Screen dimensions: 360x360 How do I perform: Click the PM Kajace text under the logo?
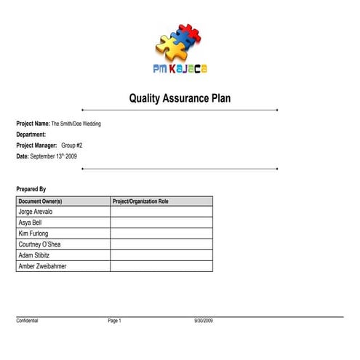180,69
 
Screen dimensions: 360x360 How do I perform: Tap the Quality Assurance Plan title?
180,97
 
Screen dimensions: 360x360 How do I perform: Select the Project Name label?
33,124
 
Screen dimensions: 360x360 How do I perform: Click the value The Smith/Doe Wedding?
76,124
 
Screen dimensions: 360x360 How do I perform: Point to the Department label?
31,135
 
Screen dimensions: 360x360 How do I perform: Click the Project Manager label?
36,145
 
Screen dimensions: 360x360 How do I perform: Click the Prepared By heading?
31,189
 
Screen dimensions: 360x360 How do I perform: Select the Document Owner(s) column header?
40,201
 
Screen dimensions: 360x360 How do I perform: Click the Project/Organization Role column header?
140,201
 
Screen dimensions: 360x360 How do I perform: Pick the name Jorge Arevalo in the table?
40,212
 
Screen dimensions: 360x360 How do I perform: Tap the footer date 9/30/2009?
203,321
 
